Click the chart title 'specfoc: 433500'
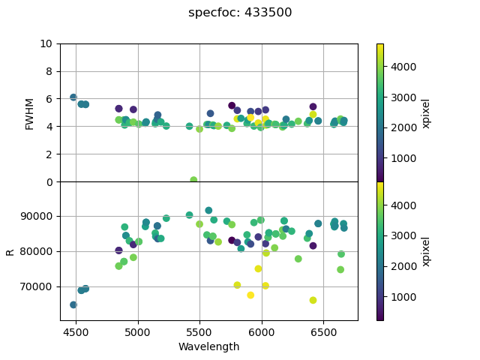[240, 13]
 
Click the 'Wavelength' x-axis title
[208, 346]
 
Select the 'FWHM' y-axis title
[30, 112]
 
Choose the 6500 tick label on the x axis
[323, 331]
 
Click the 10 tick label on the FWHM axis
[46, 43]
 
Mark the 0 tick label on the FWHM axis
[49, 182]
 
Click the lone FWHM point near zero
[193, 180]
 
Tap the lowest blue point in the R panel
[73, 304]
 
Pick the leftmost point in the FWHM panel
[73, 97]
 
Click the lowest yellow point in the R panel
[313, 300]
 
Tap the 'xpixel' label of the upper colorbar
[426, 112]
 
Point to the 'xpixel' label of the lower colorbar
[426, 251]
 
